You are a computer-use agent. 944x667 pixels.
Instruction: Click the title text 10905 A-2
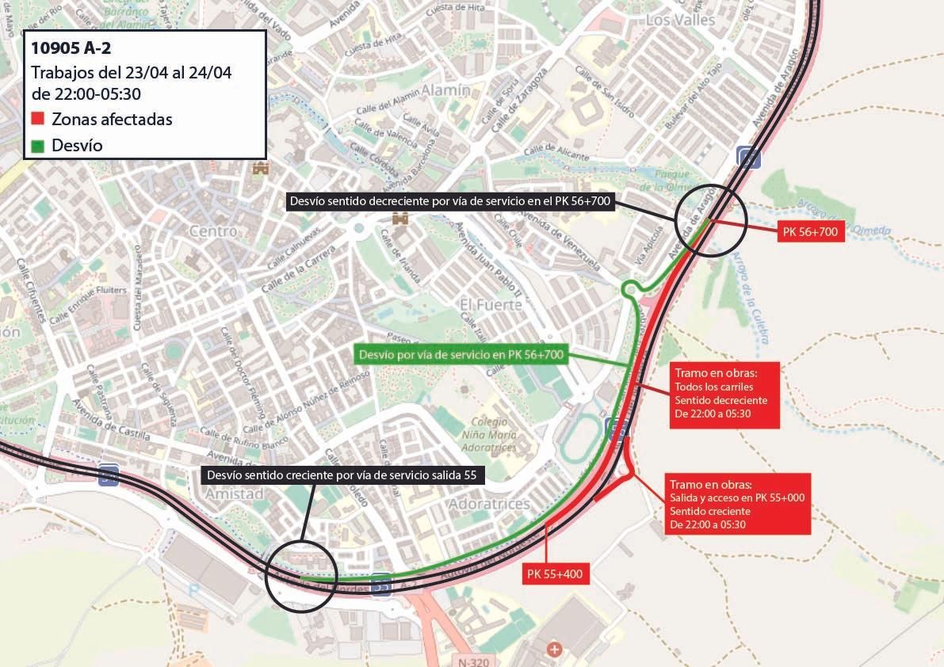(x=71, y=48)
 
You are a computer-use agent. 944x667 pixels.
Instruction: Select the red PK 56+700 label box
(x=809, y=232)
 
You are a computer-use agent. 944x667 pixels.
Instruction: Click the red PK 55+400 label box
(x=556, y=574)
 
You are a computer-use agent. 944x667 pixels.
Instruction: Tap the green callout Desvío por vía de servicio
(x=461, y=355)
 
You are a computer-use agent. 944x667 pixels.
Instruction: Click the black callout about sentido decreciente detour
(x=449, y=202)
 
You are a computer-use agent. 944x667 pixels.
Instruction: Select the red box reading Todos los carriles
(x=726, y=395)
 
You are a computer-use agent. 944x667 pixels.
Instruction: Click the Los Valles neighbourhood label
(x=680, y=19)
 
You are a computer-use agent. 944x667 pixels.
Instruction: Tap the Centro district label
(x=213, y=231)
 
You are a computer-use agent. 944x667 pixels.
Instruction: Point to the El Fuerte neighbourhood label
(x=491, y=304)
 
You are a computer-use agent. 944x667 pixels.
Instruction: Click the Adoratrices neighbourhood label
(x=489, y=504)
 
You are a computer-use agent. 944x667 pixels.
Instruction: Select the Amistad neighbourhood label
(x=234, y=494)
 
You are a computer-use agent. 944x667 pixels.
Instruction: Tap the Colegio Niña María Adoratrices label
(x=494, y=435)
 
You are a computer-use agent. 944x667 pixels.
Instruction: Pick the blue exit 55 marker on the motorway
(x=381, y=584)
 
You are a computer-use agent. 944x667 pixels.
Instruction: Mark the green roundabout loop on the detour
(x=631, y=289)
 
